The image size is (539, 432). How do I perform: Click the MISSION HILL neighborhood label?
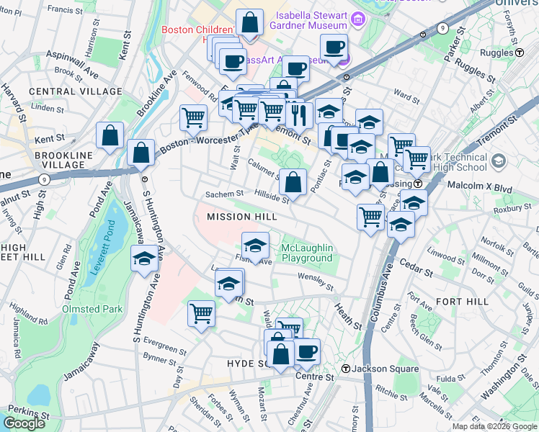(x=241, y=217)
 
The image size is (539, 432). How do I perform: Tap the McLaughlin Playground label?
(x=307, y=252)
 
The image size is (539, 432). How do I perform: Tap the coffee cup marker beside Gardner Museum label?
(x=334, y=48)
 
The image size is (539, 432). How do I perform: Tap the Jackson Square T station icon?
(x=345, y=369)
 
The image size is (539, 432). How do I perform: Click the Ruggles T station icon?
(x=519, y=53)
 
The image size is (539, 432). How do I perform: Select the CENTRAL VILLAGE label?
(x=76, y=91)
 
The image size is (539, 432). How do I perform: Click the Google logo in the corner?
(x=24, y=423)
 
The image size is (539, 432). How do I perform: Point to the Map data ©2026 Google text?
(x=494, y=426)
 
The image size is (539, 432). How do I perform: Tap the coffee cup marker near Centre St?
(x=307, y=352)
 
